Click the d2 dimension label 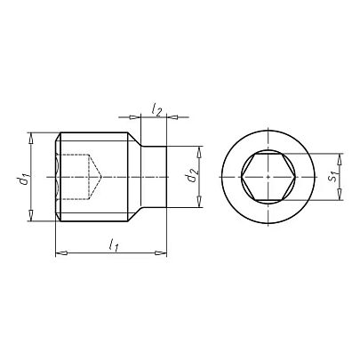(x=191, y=175)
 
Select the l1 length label (x=113, y=245)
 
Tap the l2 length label (x=156, y=110)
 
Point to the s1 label (x=334, y=177)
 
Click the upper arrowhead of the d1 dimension (x=31, y=138)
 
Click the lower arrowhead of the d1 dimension (x=31, y=215)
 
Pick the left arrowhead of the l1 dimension (x=61, y=253)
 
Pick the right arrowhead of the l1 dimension (x=161, y=253)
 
